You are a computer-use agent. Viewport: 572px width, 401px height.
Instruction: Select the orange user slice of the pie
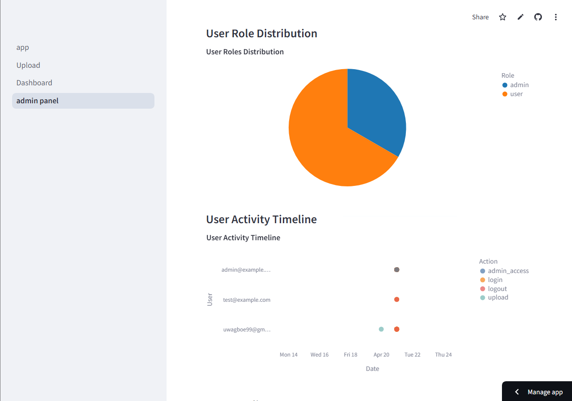click(323, 144)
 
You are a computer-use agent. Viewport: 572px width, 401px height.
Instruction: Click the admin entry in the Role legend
click(519, 85)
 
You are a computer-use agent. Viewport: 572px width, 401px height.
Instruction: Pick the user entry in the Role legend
click(516, 94)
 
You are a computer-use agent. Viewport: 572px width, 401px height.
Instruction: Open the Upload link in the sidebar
click(28, 65)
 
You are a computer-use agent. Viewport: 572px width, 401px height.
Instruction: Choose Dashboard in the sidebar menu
click(34, 83)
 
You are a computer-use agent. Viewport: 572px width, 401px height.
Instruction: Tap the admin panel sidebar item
click(38, 101)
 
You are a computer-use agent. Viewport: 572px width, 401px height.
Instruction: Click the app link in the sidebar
click(22, 48)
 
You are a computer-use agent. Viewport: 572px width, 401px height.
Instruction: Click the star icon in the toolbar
click(502, 17)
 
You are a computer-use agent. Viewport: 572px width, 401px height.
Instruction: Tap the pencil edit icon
click(520, 17)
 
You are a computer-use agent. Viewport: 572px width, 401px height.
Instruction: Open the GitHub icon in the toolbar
click(538, 17)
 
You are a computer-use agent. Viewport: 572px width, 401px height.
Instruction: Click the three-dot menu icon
click(556, 17)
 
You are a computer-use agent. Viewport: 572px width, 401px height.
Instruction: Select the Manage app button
click(539, 392)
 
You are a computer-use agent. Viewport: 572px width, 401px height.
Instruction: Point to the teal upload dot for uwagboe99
click(381, 329)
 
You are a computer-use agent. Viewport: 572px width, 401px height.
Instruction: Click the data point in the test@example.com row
click(396, 300)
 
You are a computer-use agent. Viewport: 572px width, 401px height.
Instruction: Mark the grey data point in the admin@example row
click(396, 270)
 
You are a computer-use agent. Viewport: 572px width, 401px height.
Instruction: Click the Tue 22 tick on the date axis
click(412, 355)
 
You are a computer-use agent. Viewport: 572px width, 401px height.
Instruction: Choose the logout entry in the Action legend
click(497, 289)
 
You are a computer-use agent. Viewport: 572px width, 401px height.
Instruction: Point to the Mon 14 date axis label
click(288, 355)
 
